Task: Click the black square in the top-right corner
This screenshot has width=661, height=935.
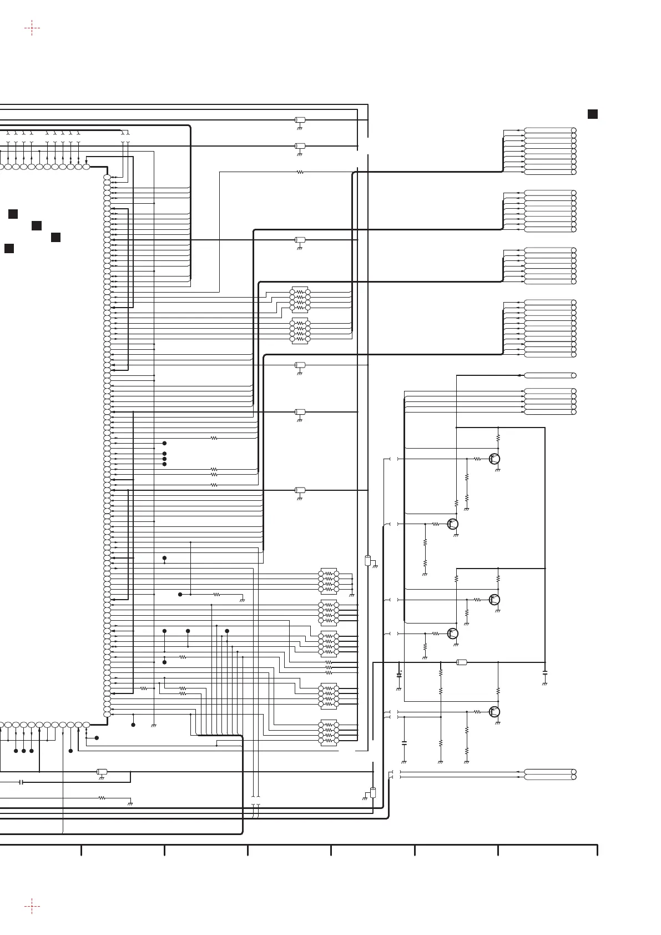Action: point(592,114)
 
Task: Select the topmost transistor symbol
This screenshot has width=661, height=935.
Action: point(495,459)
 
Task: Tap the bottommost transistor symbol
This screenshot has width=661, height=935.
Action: point(495,711)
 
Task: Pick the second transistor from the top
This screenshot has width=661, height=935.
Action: point(453,524)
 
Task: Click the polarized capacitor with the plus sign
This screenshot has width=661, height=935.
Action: point(398,675)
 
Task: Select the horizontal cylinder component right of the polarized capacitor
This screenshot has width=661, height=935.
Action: point(461,662)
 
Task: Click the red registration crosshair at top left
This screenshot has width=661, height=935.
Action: point(32,28)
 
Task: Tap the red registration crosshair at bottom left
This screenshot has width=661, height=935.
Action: point(32,907)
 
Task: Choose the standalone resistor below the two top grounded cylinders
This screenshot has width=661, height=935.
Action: point(300,172)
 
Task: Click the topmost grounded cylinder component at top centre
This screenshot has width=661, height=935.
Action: point(300,120)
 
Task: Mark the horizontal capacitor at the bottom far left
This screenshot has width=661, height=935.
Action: point(21,782)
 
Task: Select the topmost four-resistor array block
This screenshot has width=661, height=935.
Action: point(300,299)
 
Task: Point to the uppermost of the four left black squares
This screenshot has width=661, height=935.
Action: point(13,214)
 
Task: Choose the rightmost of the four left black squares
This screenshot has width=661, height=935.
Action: point(55,238)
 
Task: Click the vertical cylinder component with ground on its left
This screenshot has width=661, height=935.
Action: point(372,792)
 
